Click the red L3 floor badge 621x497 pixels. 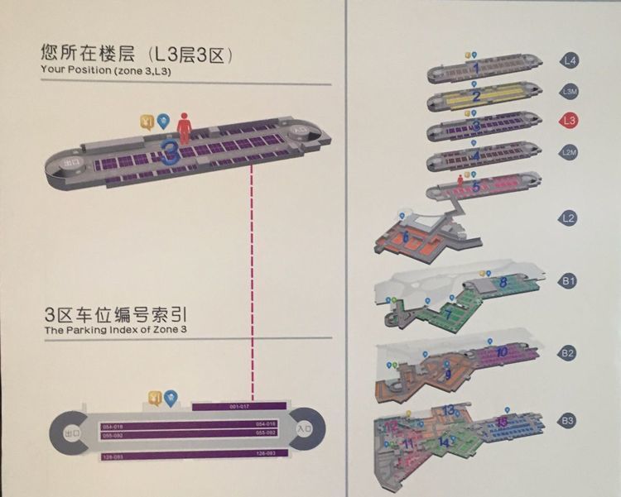point(569,121)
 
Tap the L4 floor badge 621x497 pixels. point(569,60)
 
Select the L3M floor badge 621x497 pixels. point(569,91)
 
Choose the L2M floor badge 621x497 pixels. point(569,152)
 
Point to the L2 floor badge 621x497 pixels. point(569,219)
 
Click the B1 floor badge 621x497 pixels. point(569,282)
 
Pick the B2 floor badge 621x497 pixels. point(569,353)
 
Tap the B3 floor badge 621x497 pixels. point(569,421)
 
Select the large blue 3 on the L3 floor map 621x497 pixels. point(171,153)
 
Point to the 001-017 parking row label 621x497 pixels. point(238,407)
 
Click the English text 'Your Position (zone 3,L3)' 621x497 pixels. point(102,70)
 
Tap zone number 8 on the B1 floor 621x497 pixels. point(503,283)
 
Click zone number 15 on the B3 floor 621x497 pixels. point(503,423)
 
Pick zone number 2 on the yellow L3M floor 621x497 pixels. point(476,96)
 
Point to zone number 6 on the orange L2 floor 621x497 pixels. point(406,237)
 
